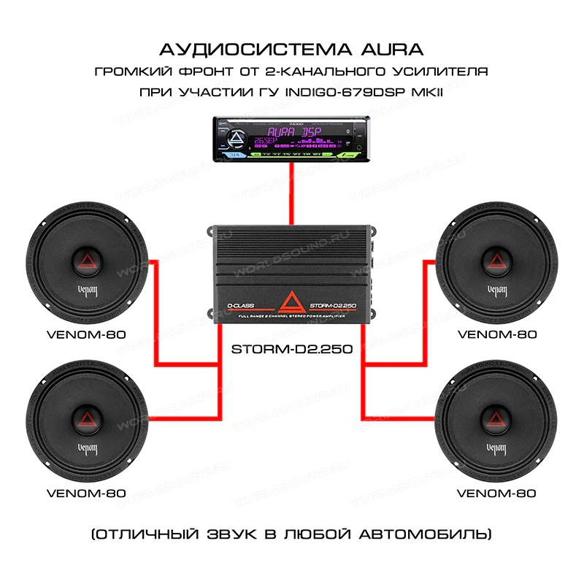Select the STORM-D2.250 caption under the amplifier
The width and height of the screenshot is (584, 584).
tap(292, 349)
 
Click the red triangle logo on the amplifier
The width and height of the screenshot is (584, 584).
tap(292, 299)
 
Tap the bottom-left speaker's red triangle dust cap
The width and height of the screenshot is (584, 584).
tap(86, 418)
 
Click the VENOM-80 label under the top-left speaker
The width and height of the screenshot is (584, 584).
tap(86, 334)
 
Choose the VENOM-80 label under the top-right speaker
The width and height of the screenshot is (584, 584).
tap(496, 334)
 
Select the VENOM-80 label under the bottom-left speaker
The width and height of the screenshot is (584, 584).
tap(86, 493)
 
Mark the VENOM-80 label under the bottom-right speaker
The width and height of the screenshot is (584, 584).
tap(496, 493)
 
